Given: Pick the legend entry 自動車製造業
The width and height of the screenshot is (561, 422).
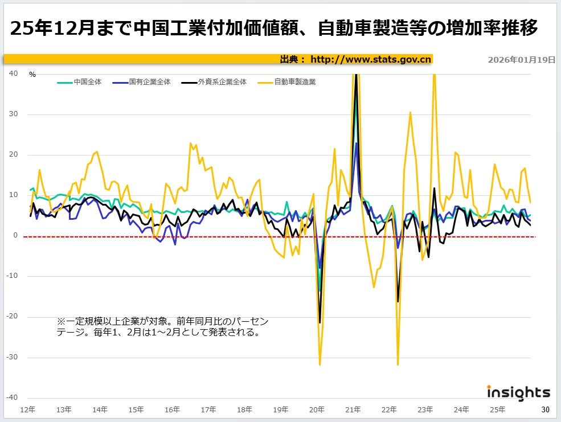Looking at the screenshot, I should point(294,82).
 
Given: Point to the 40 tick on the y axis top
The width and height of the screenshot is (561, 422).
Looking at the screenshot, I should point(14,73).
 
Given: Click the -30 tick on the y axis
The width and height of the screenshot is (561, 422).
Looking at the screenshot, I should point(11,357).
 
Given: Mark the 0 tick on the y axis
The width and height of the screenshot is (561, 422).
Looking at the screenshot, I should point(16,236).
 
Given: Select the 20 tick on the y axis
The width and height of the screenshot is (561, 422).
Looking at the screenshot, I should point(14,154).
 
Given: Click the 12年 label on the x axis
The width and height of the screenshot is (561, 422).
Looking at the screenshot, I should point(27,409).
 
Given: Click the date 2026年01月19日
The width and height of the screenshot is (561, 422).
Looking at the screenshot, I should point(521,60).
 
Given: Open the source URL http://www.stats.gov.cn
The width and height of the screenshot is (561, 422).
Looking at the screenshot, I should point(371,59).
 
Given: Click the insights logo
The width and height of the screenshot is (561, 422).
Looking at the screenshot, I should point(518,392).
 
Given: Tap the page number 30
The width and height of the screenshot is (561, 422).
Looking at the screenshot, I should point(545,409).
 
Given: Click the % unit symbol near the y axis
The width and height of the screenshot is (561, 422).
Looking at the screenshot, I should point(32,75).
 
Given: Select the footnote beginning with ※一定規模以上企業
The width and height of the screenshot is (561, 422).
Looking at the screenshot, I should point(162,326).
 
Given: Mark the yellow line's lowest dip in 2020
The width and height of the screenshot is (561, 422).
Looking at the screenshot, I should point(320,364).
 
